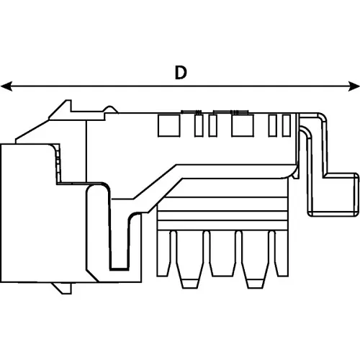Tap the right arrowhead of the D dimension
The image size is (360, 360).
pyautogui.click(x=354, y=86)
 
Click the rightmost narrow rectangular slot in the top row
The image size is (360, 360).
pyautogui.click(x=285, y=125)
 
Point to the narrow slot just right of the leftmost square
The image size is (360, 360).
pyautogui.click(x=199, y=125)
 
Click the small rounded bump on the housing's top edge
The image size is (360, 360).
pyautogui.click(x=109, y=110)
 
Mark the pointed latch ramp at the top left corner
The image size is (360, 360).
pyautogui.click(x=59, y=109)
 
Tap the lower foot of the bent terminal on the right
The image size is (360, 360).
pyautogui.click(x=341, y=194)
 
